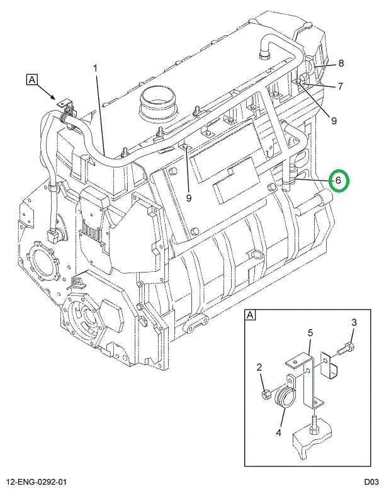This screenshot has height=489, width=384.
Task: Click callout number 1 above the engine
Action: click(96, 68)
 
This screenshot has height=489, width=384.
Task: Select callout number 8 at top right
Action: click(341, 63)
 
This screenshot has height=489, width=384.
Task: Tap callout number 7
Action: click(340, 86)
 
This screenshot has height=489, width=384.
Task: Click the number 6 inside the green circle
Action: click(338, 180)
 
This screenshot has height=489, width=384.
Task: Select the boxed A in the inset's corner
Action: click(250, 315)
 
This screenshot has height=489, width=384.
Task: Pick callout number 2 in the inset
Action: click(258, 368)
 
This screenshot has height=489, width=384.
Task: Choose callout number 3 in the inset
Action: click(354, 323)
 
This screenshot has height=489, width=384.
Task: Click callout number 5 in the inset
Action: click(310, 332)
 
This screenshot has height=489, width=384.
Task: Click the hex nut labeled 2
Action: click(267, 395)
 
